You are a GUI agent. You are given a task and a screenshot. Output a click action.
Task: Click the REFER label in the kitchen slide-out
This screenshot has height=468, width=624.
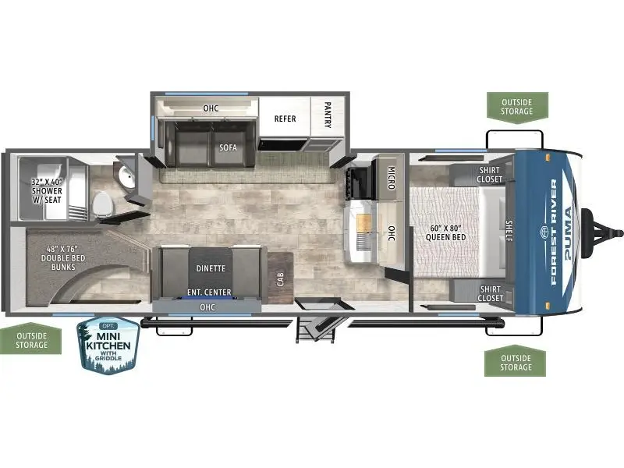point(285,119)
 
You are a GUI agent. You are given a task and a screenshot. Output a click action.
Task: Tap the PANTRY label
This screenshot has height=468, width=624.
point(328,115)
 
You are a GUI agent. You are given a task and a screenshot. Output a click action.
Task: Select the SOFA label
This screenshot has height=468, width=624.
point(228,147)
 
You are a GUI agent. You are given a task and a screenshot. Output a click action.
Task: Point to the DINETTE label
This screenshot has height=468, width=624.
point(211,268)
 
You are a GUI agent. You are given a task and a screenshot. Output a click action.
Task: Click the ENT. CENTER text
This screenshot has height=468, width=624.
point(209,292)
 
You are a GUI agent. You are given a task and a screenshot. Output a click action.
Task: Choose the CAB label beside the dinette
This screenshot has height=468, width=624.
point(281,279)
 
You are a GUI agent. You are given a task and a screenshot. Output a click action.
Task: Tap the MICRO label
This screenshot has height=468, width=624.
point(392,178)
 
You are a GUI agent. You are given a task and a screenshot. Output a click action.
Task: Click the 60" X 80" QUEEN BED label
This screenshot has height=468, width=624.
point(445,232)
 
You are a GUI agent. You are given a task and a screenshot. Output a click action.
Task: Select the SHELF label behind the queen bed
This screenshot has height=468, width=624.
point(509,230)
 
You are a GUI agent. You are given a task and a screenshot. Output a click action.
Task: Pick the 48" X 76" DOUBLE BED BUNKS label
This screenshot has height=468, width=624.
point(63,258)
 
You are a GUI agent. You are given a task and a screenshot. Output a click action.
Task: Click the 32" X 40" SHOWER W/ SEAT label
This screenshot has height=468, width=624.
point(47,191)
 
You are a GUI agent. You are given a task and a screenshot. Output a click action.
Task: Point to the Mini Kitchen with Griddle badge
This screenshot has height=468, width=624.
point(108,346)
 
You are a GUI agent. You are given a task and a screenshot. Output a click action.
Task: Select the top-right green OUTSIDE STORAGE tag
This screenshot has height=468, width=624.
point(517,107)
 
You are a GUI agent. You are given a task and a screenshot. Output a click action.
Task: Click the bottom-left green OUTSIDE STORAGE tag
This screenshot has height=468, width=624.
point(31,339)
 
